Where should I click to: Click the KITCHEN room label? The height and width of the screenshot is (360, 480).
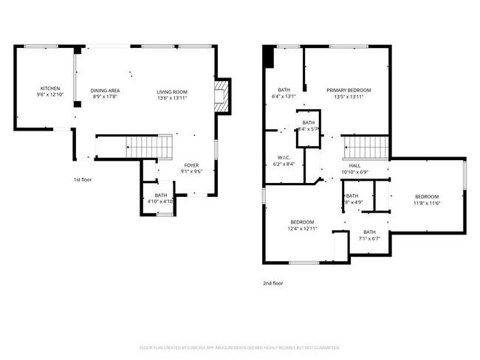coord(50,89)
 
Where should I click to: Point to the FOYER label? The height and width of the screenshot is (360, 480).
coord(191,166)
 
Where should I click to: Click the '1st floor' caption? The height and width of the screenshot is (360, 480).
coord(83,179)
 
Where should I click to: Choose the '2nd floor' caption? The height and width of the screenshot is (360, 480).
coord(272,283)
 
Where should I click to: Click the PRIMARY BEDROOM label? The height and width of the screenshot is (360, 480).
coord(349,90)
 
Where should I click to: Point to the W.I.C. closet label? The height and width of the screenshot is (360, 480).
coord(284,157)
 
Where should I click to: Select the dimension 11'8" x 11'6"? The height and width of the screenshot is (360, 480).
coord(426,203)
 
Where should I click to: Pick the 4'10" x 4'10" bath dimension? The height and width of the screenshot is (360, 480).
coord(160,201)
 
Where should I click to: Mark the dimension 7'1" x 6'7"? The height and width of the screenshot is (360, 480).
coord(368,238)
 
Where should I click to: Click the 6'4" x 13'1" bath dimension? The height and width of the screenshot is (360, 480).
coord(284,96)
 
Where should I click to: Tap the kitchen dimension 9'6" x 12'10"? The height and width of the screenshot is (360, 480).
coord(50,95)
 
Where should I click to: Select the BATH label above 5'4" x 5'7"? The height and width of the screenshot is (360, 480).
coord(308,122)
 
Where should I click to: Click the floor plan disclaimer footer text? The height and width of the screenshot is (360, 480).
coord(239,347)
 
